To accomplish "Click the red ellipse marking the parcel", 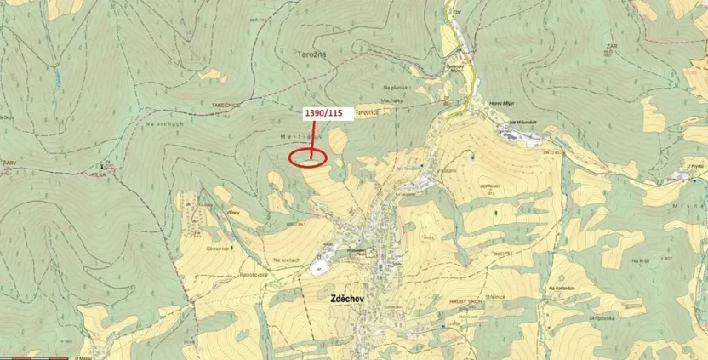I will pyautogui.click(x=307, y=157).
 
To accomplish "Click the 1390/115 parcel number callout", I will pyautogui.click(x=323, y=112).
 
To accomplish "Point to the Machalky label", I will pyautogui.click(x=392, y=100).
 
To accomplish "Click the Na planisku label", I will pyautogui.click(x=397, y=86).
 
